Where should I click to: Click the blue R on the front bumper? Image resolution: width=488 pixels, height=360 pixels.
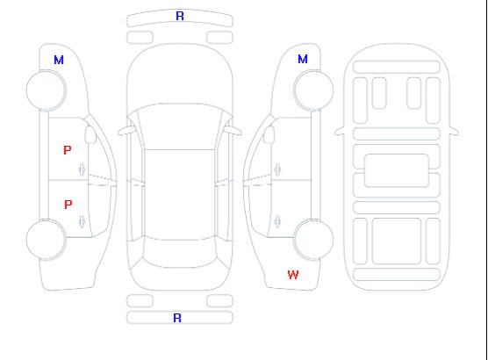180,16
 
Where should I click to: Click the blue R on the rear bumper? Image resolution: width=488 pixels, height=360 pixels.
177,318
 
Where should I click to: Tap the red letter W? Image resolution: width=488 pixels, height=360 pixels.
293,275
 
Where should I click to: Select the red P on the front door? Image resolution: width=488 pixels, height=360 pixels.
68,150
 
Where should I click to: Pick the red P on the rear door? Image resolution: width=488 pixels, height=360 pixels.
68,205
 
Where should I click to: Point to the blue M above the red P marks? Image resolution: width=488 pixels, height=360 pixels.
59,60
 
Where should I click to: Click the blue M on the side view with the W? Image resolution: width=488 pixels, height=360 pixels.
303,59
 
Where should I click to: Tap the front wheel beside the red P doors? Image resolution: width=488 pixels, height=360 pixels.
46,90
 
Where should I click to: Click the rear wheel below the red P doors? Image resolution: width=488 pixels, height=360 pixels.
46,240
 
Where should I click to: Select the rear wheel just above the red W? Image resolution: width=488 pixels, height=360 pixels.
313,239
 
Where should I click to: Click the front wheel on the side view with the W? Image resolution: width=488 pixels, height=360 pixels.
313,90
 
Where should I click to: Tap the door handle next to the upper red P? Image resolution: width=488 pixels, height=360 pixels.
82,169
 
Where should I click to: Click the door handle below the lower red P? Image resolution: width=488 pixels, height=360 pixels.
82,221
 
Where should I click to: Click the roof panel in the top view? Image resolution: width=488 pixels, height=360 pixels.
180,195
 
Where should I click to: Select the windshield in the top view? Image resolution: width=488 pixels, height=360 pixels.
180,126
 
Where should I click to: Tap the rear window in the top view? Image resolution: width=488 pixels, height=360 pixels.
180,253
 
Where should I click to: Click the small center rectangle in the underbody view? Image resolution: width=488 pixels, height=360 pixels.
397,170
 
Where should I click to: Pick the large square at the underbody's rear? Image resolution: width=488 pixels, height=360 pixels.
397,241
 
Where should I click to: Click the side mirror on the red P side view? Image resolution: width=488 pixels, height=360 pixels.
90,134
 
